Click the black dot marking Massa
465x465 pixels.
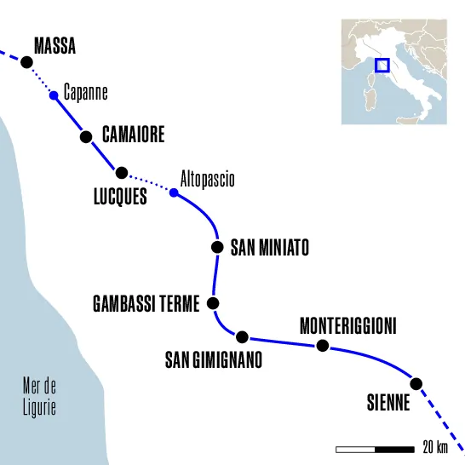pos(26,61)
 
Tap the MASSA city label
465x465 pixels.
pos(55,47)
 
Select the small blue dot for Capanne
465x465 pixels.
pos(54,95)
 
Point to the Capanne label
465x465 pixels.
pos(86,91)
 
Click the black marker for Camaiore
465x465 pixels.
pos(85,136)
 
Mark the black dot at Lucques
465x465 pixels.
pos(122,173)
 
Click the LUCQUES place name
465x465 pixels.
pos(119,198)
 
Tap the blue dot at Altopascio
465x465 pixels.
pos(174,192)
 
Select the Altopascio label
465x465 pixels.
pos(207,180)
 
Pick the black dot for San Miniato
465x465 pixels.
pos(216,248)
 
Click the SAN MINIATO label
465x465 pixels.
pos(269,248)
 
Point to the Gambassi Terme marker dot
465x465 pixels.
pos(213,302)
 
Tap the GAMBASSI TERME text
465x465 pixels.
pos(146,303)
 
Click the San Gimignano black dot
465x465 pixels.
pos(242,336)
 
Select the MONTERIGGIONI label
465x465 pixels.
pos(348,326)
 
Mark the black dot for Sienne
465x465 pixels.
pos(416,383)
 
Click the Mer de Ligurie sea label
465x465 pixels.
pos(39,397)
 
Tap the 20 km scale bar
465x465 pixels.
pos(375,448)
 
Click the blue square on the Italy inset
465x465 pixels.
pos(382,65)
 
